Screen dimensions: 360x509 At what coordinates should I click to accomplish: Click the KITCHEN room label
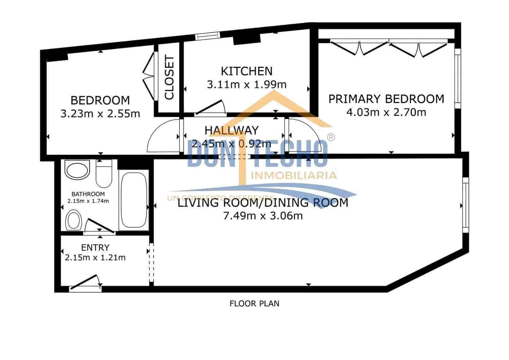(x=246, y=71)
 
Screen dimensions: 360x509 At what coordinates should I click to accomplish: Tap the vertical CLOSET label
(x=169, y=78)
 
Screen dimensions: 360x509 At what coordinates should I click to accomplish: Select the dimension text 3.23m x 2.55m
(x=100, y=113)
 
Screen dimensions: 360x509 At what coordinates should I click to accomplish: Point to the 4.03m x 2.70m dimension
(x=386, y=112)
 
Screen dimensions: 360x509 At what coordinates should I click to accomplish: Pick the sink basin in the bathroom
(x=78, y=170)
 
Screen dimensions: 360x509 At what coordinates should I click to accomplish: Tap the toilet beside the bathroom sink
(x=104, y=173)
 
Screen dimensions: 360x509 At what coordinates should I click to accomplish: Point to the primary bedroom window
(x=457, y=78)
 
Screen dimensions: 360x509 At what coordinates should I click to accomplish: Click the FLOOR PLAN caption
(x=254, y=303)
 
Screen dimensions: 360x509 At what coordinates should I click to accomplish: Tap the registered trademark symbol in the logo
(x=331, y=137)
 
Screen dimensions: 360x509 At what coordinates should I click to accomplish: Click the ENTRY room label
(x=95, y=247)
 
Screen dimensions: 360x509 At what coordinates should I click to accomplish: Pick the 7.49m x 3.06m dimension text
(x=263, y=215)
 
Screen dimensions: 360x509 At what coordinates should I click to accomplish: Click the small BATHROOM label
(x=88, y=194)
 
